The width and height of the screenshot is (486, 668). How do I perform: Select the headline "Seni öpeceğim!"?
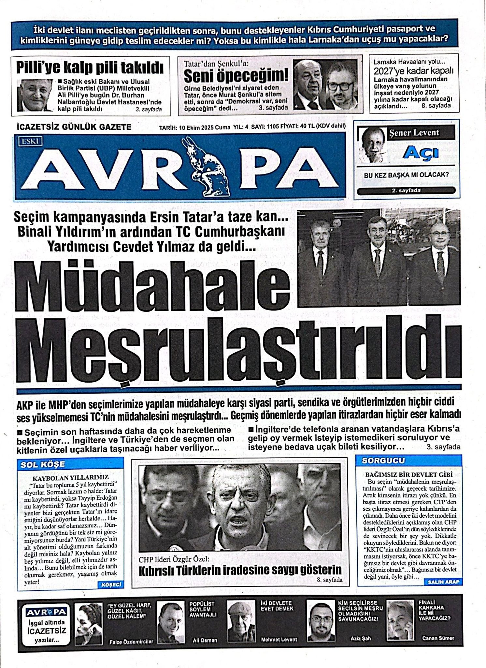pyautogui.click(x=236, y=77)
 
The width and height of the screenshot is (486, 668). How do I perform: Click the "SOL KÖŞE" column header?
pyautogui.click(x=43, y=464)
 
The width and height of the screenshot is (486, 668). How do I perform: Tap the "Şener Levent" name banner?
pyautogui.click(x=421, y=133)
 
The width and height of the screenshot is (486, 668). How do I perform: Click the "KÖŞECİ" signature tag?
pyautogui.click(x=111, y=585)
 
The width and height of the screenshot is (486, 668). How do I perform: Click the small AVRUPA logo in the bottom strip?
pyautogui.click(x=46, y=612)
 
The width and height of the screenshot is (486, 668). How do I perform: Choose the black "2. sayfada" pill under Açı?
pyautogui.click(x=406, y=190)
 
